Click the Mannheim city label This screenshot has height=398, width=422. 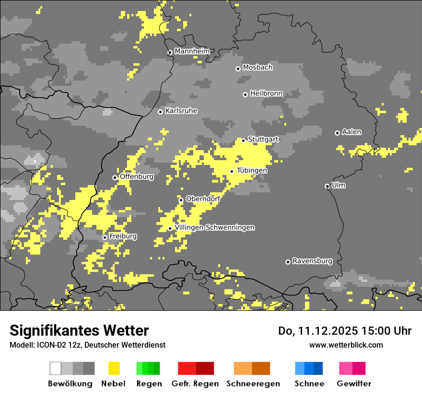pos(192,51)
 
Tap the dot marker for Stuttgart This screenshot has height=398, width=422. pos(244,140)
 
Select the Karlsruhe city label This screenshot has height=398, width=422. pos(181,111)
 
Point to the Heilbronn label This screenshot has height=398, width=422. pos(266,94)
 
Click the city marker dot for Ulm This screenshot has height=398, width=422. pos(327,186)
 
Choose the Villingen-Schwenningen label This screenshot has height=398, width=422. pos(214,228)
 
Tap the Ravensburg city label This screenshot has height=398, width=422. pos(312,261)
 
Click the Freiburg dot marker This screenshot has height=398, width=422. pos(105,237)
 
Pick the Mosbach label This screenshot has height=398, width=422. pos(258,68)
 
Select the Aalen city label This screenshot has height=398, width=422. pos(352,132)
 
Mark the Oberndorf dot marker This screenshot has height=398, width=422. pos(181,200)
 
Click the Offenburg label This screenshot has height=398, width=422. pos(137,176)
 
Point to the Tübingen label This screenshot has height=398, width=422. pos(252,171)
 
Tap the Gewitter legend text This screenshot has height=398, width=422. pos(354,384)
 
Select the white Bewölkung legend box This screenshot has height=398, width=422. pos(56,368)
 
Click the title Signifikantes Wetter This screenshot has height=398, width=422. pos(79,330)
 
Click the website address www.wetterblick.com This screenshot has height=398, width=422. pos(346,345)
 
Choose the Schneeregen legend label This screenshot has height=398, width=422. pos(253,384)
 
